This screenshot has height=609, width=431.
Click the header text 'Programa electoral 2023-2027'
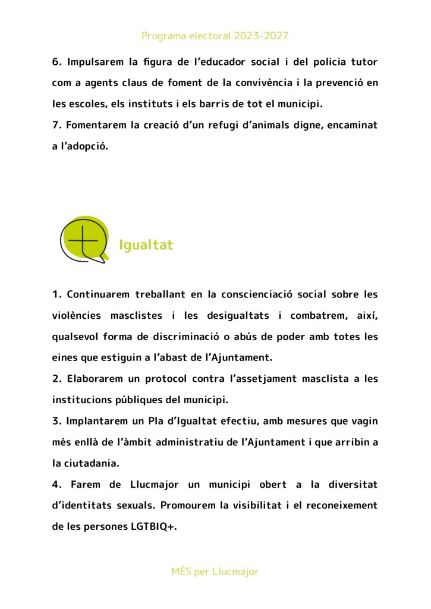(x=215, y=36)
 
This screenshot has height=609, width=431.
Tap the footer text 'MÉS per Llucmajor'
(x=215, y=572)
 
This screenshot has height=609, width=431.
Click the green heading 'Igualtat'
(x=146, y=245)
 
